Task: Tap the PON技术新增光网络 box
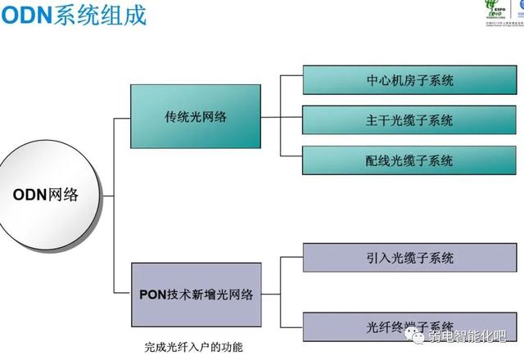[x=195, y=294]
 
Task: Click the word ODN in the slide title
[x=27, y=14]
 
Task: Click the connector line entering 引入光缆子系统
[x=291, y=258]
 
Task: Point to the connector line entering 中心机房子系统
[x=291, y=76]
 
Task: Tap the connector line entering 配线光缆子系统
[x=291, y=155]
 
